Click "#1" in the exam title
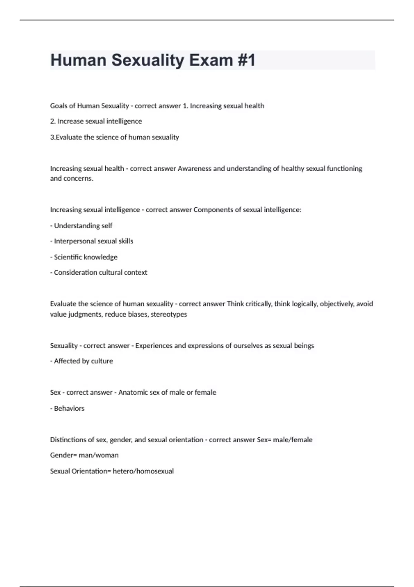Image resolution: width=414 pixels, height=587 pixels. point(246,60)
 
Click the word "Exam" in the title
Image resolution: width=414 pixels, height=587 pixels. point(211,60)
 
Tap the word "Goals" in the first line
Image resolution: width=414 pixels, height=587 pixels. point(59,106)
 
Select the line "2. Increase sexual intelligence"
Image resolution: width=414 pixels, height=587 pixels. point(96,121)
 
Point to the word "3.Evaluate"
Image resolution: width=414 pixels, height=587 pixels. point(66,137)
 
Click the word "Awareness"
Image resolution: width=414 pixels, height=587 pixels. point(194,169)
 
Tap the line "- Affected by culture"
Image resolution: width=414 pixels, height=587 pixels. point(81,361)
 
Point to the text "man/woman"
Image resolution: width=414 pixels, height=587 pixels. point(99,455)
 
